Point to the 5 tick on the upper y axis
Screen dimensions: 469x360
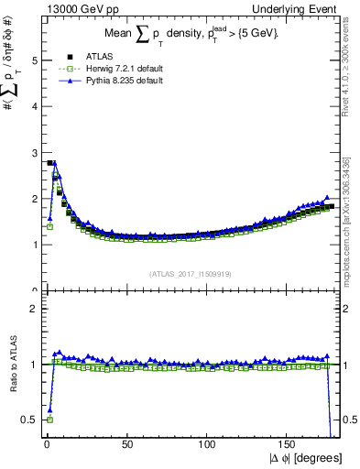click(32, 60)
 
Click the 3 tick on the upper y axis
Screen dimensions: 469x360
click(32, 152)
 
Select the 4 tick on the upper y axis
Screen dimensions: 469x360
click(32, 106)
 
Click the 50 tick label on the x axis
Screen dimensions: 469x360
click(127, 445)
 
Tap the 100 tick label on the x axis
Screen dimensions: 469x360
click(208, 445)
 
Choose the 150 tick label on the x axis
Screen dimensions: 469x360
click(289, 445)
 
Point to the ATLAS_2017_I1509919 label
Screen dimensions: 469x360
click(190, 273)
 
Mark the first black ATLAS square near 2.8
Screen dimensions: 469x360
click(49, 163)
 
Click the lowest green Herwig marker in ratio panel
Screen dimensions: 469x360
click(49, 420)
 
